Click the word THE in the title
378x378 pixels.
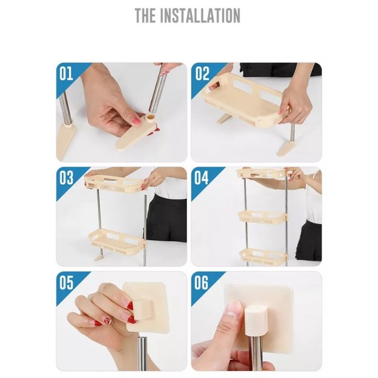click(146, 15)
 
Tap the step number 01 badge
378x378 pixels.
click(67, 73)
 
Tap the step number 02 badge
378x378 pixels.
click(202, 73)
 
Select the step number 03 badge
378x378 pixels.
click(67, 178)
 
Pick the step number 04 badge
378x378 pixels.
click(202, 178)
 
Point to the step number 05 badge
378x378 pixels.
click(67, 282)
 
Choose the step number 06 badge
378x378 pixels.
click(202, 282)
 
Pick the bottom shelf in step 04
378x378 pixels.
click(263, 254)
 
